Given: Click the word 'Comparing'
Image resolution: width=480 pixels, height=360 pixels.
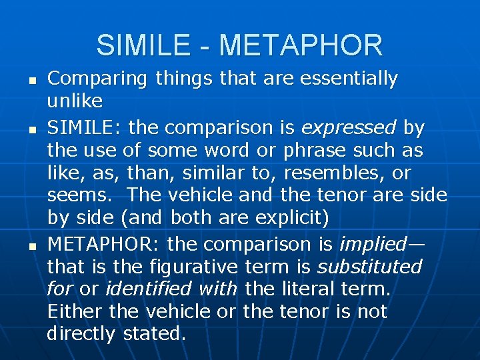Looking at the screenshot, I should click(97, 79).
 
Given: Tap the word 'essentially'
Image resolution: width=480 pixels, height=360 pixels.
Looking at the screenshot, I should click(349, 79).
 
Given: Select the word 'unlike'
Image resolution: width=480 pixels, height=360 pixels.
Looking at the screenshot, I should click(75, 101).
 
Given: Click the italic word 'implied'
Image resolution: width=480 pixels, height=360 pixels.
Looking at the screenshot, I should click(373, 244).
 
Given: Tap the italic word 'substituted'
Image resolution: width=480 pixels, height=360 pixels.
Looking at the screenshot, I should click(369, 267).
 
